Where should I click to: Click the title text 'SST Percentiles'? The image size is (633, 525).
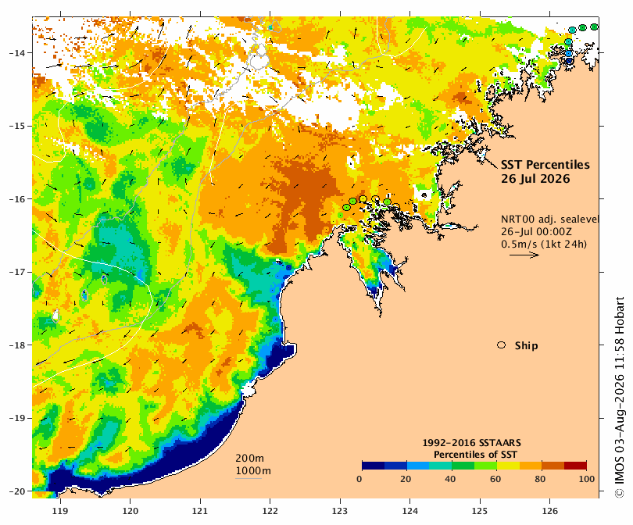[x=545, y=165]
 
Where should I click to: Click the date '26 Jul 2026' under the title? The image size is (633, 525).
[x=535, y=179]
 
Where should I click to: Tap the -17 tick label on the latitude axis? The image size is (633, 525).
[x=17, y=272]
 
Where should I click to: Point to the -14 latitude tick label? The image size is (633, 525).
[x=17, y=53]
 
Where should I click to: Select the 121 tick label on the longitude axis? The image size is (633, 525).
[x=200, y=511]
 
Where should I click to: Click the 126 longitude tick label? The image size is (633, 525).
[x=550, y=511]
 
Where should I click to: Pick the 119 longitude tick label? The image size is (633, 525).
[x=60, y=511]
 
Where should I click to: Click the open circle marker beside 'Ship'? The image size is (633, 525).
[x=502, y=345]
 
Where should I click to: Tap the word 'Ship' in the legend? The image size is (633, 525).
[x=527, y=346]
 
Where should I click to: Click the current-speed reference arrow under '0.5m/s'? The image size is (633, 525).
[x=524, y=255]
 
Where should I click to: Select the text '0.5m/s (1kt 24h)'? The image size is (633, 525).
[x=544, y=244]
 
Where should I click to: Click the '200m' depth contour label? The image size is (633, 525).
[x=249, y=459]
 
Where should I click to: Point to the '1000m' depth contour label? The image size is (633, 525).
[x=253, y=471]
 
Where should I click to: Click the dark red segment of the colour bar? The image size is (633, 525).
[x=575, y=466]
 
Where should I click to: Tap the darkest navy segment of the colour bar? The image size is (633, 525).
[x=373, y=466]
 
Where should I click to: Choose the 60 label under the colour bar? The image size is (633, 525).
[x=495, y=479]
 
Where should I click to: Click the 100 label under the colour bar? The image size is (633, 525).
[x=587, y=479]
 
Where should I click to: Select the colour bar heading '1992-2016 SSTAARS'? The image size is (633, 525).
[x=471, y=443]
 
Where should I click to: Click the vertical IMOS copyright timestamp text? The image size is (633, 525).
[x=620, y=398]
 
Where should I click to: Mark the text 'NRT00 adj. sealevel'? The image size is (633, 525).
[x=549, y=219]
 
